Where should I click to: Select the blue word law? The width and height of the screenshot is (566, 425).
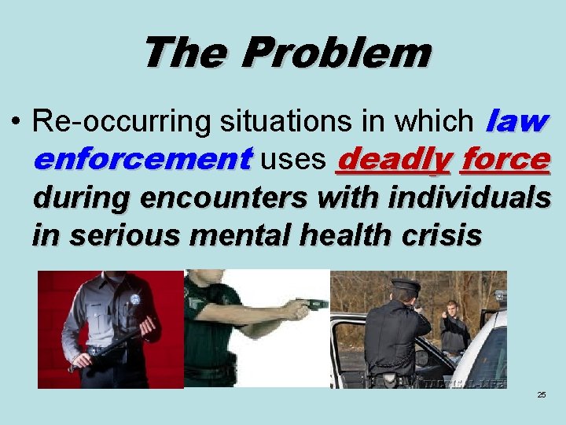click(x=516, y=120)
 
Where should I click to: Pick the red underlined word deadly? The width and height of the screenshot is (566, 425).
click(x=393, y=159)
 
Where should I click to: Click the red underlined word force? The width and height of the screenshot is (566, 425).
click(x=505, y=159)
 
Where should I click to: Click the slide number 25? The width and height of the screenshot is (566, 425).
click(x=542, y=394)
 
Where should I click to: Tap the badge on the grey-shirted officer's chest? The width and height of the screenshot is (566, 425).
click(x=134, y=300)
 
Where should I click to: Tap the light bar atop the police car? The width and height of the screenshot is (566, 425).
click(x=500, y=297)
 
